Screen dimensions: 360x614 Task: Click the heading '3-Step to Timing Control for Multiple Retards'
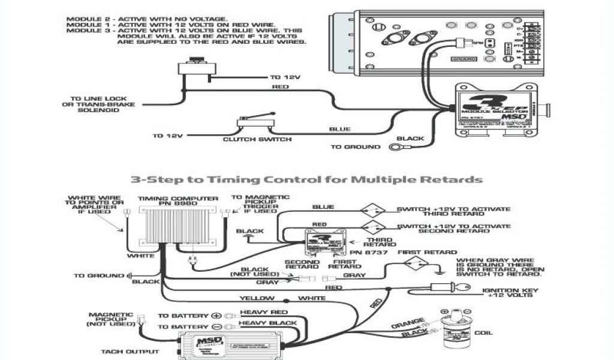click(306, 179)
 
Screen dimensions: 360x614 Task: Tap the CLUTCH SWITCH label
click(257, 140)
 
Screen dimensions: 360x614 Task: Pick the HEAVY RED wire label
click(263, 313)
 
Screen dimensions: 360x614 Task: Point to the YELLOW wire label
click(257, 298)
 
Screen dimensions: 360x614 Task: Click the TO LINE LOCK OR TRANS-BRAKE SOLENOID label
click(103, 104)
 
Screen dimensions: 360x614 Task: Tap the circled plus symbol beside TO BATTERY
click(216, 315)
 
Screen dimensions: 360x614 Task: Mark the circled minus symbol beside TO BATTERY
click(216, 326)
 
